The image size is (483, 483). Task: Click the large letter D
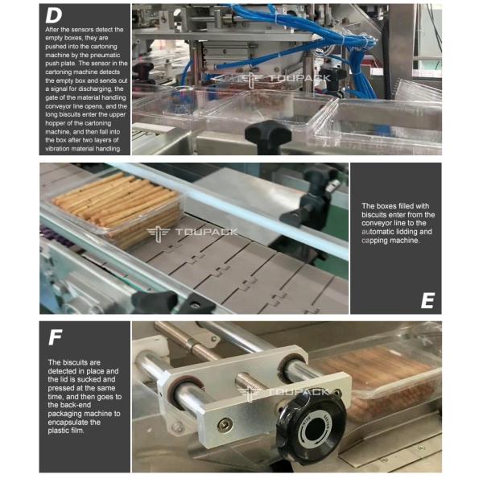(54, 15)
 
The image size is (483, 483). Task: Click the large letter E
(428, 300)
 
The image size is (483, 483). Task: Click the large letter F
(56, 337)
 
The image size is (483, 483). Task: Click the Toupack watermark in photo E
(192, 233)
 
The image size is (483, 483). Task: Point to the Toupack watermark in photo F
(283, 394)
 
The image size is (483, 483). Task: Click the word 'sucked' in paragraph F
(104, 379)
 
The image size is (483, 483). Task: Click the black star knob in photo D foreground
(267, 135)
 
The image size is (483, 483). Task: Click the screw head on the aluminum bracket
(225, 425)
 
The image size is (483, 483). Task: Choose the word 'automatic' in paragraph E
(378, 232)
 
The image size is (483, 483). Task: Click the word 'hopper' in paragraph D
(56, 123)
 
